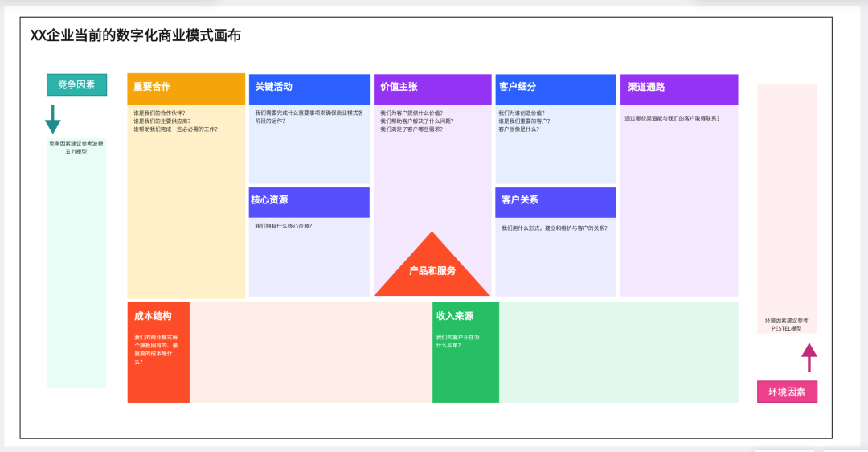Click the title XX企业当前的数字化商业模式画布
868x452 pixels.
tap(135, 36)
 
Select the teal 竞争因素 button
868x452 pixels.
tap(76, 84)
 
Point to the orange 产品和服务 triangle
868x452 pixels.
tap(432, 271)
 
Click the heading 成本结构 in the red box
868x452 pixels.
tap(153, 316)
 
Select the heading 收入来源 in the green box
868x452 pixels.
tap(455, 316)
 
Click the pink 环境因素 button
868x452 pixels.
tap(787, 392)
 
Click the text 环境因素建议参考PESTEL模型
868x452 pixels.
tap(787, 324)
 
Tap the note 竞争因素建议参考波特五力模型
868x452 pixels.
tap(76, 147)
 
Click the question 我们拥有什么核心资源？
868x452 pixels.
tap(284, 226)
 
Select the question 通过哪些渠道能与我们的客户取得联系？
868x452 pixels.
tap(672, 118)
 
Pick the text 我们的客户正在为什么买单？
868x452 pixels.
tap(458, 341)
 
